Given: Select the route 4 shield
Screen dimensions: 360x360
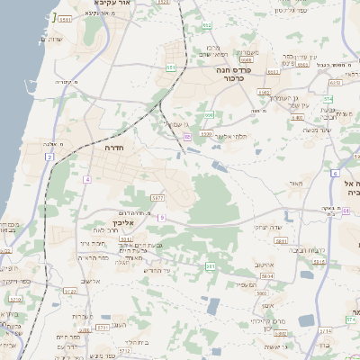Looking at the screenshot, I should [87, 180].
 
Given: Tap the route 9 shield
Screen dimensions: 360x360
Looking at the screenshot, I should [162, 217].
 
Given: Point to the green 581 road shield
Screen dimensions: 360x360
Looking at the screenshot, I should [210, 266].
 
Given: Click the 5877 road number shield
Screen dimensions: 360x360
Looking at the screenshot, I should [157, 197].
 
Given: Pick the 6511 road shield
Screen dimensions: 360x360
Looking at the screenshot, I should [66, 18].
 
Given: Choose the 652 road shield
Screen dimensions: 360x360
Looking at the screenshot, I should [171, 67].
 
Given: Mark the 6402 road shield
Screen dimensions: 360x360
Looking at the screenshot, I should [264, 92].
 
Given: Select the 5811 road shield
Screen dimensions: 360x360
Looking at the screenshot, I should [281, 241].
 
